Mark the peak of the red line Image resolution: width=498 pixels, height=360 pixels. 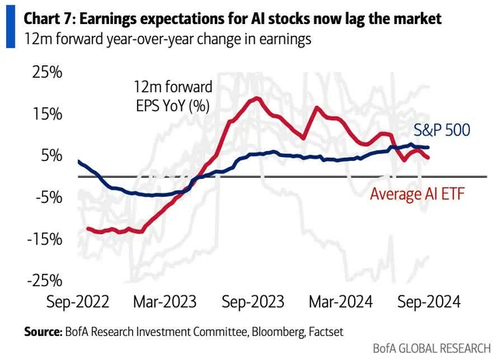(255, 98)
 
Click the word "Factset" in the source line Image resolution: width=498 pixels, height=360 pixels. (320, 332)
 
